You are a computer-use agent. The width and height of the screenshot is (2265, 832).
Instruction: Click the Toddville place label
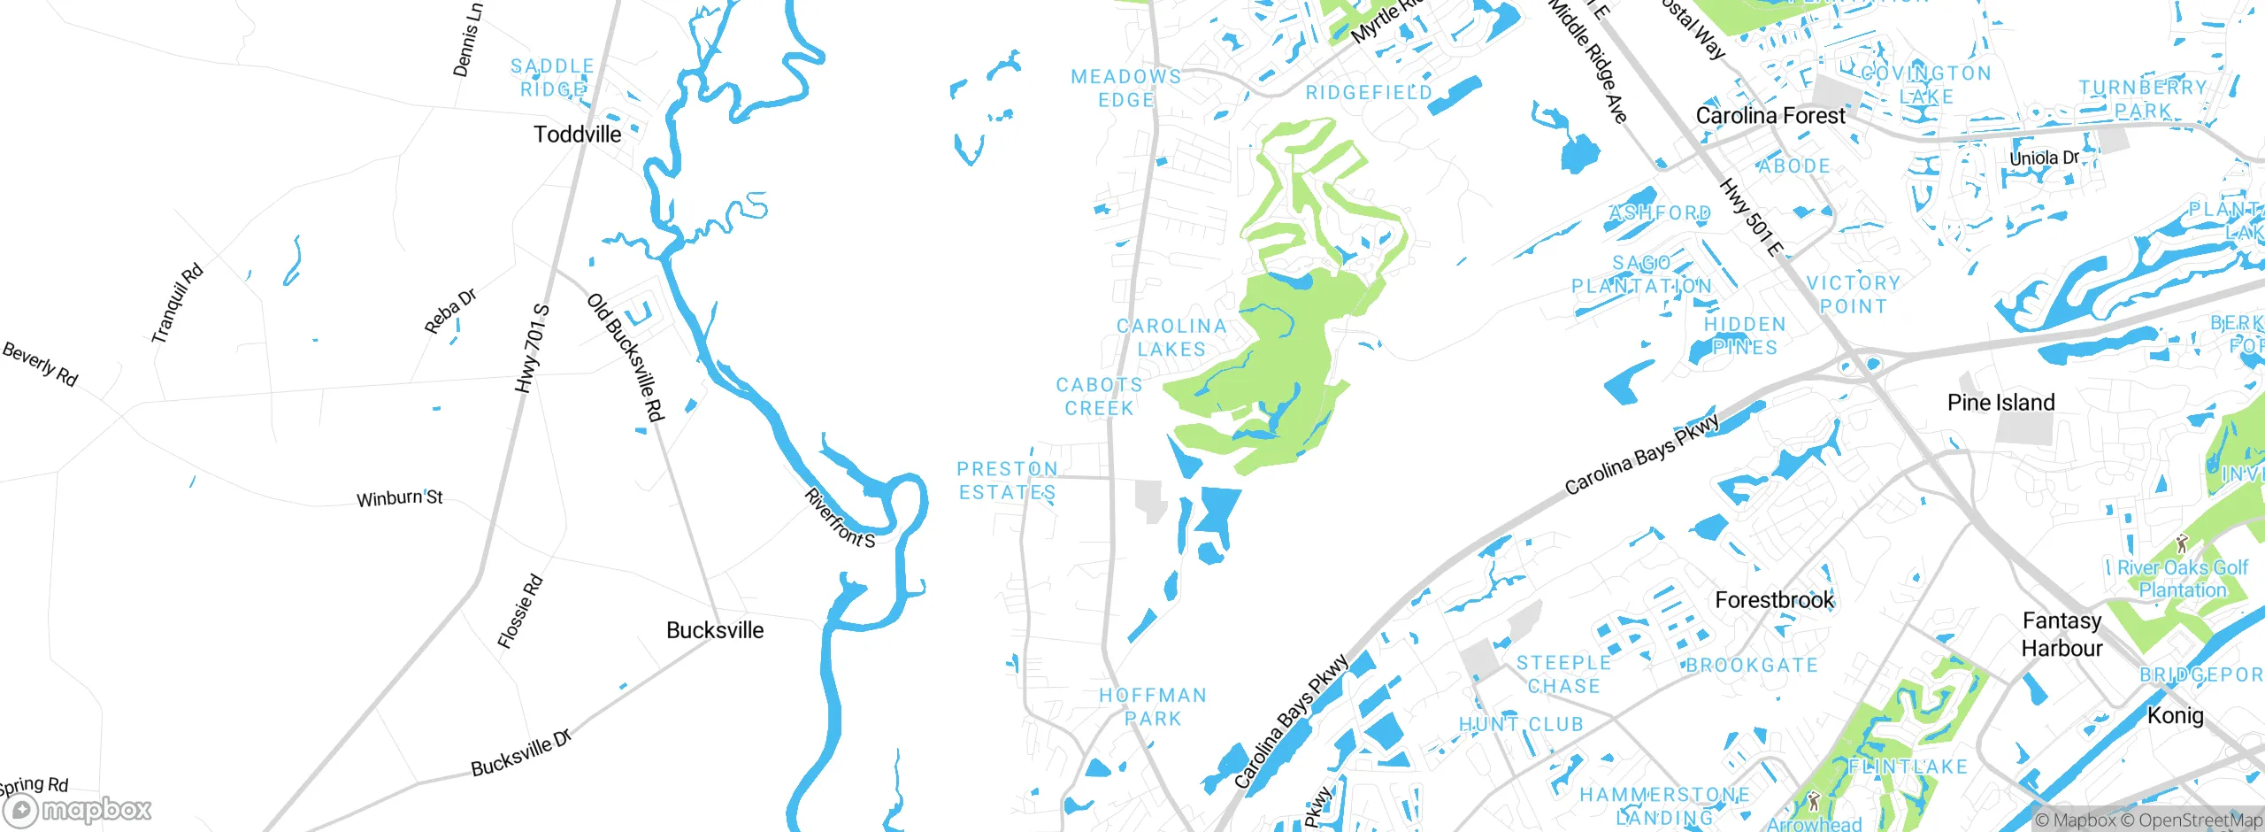[x=577, y=135]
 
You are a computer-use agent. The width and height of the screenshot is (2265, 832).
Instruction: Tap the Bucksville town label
[x=715, y=630]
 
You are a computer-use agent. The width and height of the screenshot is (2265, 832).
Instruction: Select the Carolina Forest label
[x=1770, y=116]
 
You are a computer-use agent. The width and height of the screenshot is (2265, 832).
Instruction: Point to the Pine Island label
[x=2000, y=403]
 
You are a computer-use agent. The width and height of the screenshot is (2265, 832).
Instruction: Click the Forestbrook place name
[x=1774, y=600]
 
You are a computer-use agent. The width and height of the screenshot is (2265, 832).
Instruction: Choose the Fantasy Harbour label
[x=2062, y=635]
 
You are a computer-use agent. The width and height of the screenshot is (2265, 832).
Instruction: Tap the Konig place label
[x=2175, y=715]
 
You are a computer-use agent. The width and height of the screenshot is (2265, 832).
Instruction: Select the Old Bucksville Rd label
[x=625, y=358]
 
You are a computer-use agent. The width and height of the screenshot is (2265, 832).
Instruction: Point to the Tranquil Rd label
[x=177, y=304]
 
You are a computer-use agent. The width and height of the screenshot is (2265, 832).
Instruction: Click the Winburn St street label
[x=399, y=498]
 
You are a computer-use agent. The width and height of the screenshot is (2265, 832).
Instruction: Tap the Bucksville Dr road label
[x=521, y=753]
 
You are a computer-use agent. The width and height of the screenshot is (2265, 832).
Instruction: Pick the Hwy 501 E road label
[x=1750, y=217]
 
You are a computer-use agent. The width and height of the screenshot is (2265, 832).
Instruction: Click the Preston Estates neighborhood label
[x=1008, y=481]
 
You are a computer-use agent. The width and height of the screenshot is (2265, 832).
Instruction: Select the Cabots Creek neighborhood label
[x=1099, y=397]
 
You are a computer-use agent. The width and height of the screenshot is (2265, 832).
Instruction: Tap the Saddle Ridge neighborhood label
[x=552, y=78]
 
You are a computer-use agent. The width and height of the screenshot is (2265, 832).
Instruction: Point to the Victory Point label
[x=1854, y=295]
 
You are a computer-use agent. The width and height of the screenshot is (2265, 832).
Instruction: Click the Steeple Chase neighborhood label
[x=1563, y=674]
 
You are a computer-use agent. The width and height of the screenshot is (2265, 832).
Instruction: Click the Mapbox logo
[x=78, y=810]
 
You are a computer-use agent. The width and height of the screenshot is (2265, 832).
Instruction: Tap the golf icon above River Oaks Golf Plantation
[x=2182, y=543]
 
